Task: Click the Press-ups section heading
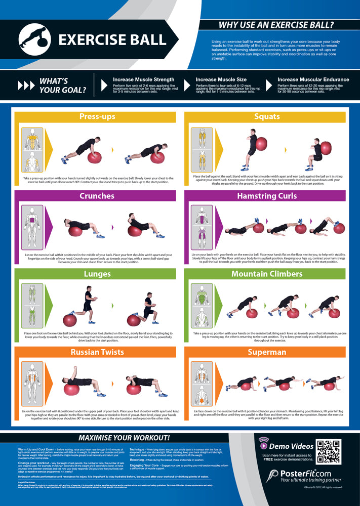pos(97,117)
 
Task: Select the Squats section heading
pos(267,117)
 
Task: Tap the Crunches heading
pos(97,196)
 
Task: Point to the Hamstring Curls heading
pos(267,196)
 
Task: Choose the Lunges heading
pos(97,274)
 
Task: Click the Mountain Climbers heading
pos(267,274)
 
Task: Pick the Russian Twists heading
pos(97,352)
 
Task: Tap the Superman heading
pos(267,352)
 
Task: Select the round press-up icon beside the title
pos(34,39)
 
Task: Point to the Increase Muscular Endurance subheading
pos(313,79)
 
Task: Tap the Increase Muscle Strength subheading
pos(143,79)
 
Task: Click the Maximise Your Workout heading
pos(124,437)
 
